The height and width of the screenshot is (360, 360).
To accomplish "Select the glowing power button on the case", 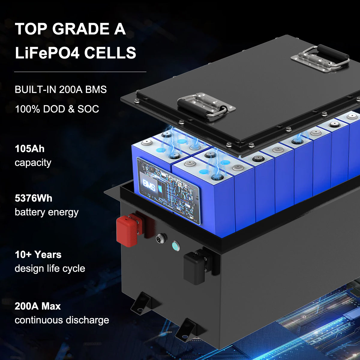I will tap(175, 246).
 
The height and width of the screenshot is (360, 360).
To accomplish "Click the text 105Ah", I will tap(30, 149).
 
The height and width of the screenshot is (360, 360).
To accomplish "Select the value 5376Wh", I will tap(34, 198).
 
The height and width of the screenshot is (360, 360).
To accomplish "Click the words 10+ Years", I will tap(38, 255).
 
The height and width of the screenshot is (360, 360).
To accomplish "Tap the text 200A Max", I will tap(38, 306).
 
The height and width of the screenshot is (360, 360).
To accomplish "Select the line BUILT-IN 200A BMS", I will tap(61, 90).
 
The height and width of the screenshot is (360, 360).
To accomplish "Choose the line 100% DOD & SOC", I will tap(57, 109).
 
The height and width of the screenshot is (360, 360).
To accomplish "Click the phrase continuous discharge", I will tap(62, 320).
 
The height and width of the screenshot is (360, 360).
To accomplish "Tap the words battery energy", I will tap(46, 212).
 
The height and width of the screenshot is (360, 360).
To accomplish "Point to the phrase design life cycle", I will tap(50, 268).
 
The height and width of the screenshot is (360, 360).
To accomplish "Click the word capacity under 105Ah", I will tap(33, 163).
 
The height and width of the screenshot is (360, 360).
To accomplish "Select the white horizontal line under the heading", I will tap(80, 72).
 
